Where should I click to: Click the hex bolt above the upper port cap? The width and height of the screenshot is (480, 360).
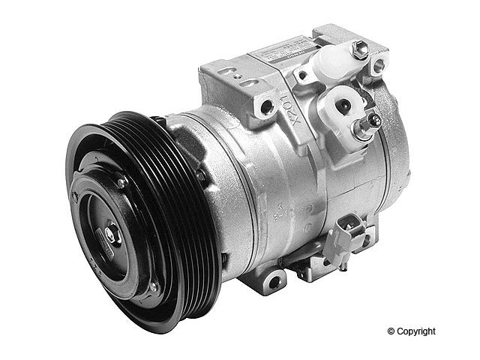[x=360, y=51]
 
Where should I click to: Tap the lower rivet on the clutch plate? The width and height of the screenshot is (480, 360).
[x=153, y=286]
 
